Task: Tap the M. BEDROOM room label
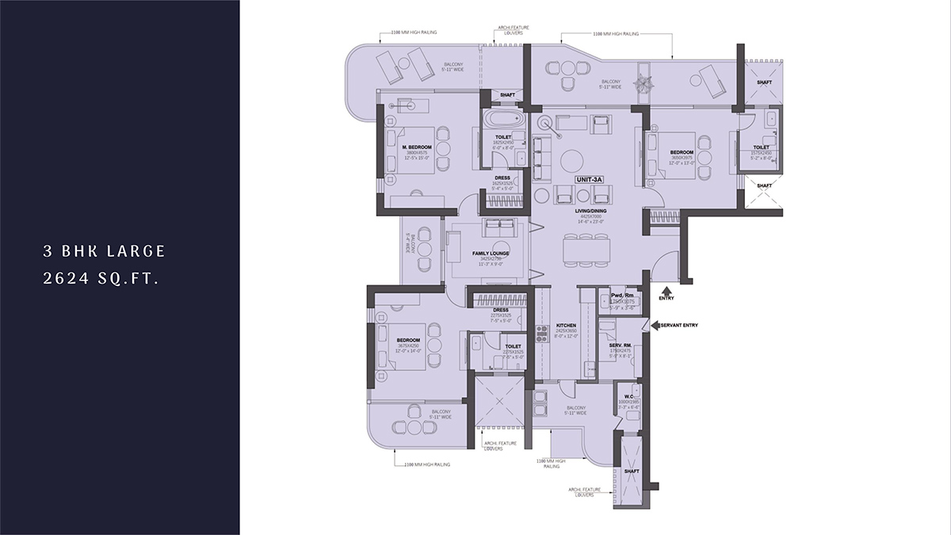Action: click(416, 147)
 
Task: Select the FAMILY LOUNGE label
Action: click(491, 254)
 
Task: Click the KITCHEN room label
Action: click(566, 326)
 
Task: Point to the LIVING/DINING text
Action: click(590, 212)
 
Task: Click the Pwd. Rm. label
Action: click(611, 295)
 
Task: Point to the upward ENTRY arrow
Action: click(666, 289)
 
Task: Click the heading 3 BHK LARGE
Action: click(104, 251)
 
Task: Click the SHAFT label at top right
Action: click(764, 82)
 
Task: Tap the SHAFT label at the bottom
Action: click(631, 471)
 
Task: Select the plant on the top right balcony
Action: click(644, 82)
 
